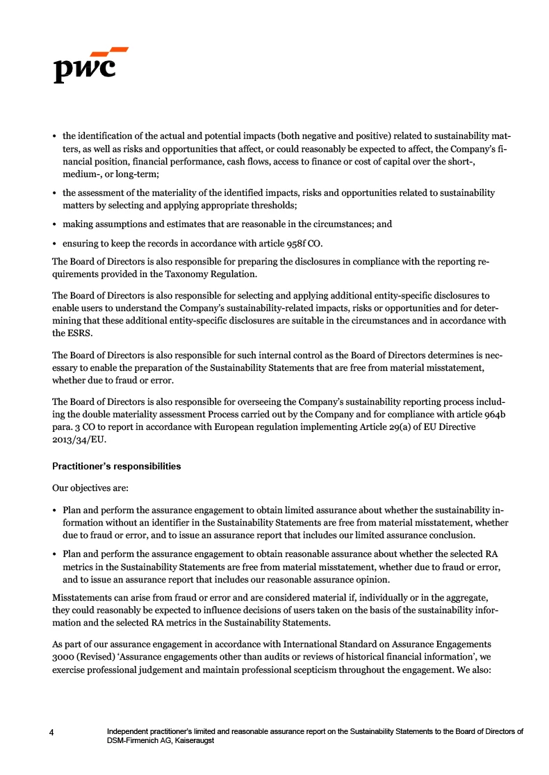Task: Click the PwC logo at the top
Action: [90, 65]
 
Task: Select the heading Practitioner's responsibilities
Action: [116, 466]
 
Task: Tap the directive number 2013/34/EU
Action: [80, 440]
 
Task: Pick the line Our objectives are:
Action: [89, 487]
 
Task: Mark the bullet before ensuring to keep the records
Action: [56, 243]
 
